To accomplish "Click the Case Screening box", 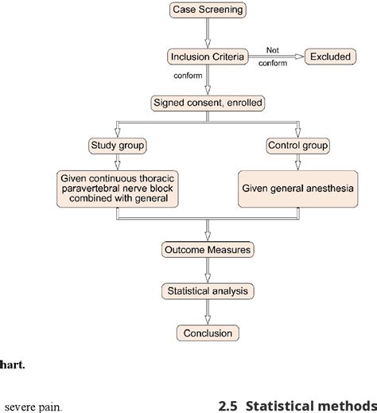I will [x=208, y=10].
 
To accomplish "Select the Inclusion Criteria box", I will [x=208, y=56].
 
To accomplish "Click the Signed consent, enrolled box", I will [x=208, y=103].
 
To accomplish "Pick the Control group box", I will [x=297, y=146].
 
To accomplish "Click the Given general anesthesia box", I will [x=297, y=189].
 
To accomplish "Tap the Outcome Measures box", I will [x=208, y=249].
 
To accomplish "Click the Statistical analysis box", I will [x=208, y=290].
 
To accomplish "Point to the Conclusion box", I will [x=208, y=333].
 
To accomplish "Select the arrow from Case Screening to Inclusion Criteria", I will [x=208, y=33].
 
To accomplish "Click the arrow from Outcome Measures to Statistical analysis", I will [x=208, y=270].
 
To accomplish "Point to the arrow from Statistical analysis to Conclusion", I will [x=208, y=312].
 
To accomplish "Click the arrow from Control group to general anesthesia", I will [x=297, y=163].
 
